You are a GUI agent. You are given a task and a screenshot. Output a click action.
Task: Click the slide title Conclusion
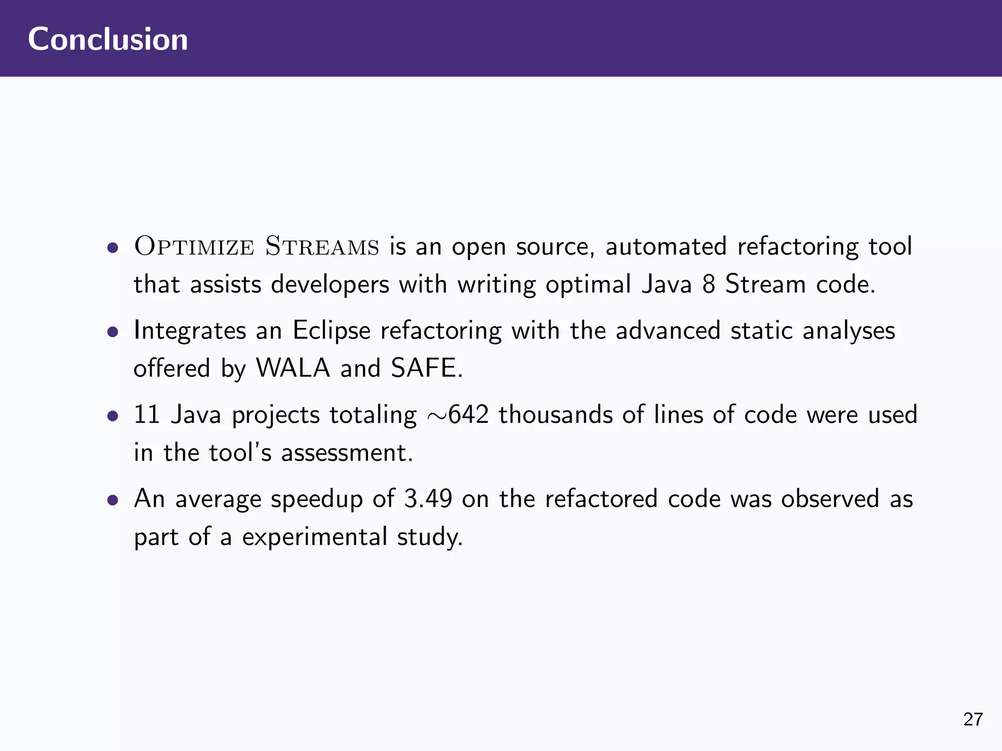108,39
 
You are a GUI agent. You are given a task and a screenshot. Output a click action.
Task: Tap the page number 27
973,719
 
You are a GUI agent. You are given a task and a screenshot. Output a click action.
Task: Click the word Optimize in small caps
194,246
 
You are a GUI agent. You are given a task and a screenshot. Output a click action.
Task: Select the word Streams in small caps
322,246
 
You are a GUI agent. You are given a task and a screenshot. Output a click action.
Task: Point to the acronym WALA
293,368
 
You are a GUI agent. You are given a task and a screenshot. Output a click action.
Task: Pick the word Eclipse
332,331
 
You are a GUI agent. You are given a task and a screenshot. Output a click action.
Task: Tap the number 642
468,415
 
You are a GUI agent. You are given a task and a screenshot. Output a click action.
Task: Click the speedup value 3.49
428,499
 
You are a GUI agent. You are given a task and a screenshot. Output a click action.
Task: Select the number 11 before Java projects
147,415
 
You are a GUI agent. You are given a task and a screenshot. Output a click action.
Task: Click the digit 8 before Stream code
709,284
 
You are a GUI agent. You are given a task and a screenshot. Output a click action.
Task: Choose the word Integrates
190,331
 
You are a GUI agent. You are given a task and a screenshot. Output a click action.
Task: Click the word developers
330,284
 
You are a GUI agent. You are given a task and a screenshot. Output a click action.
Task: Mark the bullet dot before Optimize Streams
113,248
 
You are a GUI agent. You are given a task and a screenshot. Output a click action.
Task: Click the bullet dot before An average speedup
113,500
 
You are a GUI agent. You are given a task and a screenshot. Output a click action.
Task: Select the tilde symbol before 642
436,416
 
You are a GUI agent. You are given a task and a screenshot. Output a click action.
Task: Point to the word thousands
555,415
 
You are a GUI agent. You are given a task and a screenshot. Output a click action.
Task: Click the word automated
666,246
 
